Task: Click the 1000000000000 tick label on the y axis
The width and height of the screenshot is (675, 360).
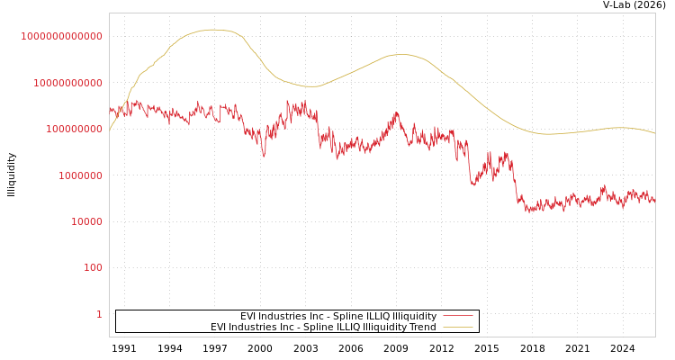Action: click(x=62, y=36)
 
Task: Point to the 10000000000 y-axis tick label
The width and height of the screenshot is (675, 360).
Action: click(x=67, y=83)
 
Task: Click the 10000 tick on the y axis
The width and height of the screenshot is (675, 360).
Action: click(x=87, y=221)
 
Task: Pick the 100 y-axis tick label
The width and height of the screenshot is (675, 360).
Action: click(x=94, y=268)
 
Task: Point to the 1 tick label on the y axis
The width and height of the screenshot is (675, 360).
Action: click(x=99, y=314)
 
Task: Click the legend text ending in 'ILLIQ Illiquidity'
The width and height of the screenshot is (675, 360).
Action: click(x=337, y=317)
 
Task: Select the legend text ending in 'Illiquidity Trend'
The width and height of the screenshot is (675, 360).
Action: click(x=323, y=328)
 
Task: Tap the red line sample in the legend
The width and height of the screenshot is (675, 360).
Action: click(x=457, y=317)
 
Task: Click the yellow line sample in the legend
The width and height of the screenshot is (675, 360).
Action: click(x=457, y=328)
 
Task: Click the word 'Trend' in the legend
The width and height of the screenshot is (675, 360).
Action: click(x=422, y=328)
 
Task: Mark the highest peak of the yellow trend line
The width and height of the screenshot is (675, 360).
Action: click(x=212, y=30)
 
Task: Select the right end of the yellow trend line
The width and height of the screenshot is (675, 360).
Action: click(x=655, y=133)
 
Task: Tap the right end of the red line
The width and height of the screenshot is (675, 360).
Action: click(x=655, y=201)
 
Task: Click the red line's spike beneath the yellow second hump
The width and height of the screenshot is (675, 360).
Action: click(x=396, y=113)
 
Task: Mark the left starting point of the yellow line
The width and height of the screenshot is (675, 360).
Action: click(x=110, y=130)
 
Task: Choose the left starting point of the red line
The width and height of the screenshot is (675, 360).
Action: click(x=110, y=110)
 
